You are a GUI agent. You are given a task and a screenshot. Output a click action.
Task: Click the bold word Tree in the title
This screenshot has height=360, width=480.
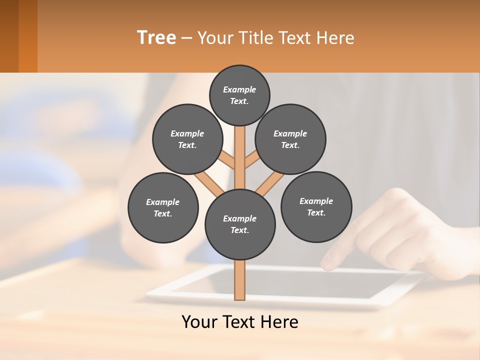coord(156,37)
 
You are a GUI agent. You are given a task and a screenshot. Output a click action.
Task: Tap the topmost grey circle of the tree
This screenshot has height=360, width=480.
coord(239,95)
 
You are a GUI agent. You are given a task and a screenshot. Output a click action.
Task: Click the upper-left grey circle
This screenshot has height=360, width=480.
coord(187,139)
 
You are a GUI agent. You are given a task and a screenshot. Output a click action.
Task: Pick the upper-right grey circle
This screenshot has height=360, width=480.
coord(290,139)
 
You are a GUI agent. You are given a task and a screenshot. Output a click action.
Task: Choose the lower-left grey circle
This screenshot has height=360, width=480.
coord(163,207)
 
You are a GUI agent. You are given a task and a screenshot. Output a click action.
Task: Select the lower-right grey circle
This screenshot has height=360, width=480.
coord(316,206)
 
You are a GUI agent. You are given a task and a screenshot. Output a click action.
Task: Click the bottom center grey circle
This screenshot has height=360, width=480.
coord(240,224)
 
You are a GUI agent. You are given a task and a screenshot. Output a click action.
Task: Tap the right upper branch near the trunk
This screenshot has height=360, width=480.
coord(252,161)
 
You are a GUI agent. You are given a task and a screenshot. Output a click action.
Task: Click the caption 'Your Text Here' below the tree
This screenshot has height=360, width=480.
coord(240,321)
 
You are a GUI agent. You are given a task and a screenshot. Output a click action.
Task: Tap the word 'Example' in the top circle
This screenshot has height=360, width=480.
coord(239,89)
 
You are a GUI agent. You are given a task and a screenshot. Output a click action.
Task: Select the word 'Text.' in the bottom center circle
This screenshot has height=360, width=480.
coord(240,230)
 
